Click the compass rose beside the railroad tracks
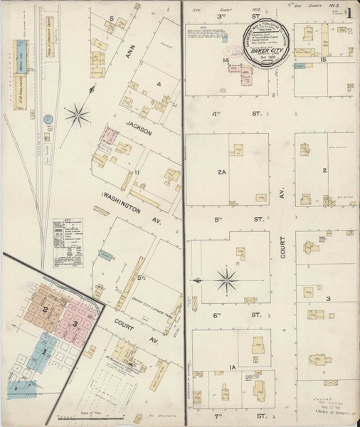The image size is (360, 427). point(76,111)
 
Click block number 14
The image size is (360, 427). point(224,61)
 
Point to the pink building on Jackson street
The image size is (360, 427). point(110,136)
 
